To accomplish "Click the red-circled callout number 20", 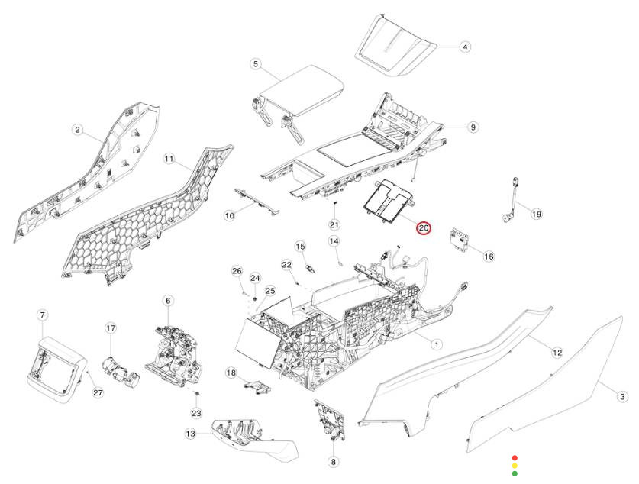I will [424, 227].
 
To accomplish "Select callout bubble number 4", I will [465, 47].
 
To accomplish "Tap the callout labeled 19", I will [536, 214].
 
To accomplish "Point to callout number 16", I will [489, 257].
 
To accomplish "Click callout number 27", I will [97, 392].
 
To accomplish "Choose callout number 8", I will [333, 461].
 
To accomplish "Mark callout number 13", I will [190, 434].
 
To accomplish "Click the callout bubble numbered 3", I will [622, 396].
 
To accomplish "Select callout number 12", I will [557, 352].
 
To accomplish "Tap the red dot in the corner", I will [515, 457].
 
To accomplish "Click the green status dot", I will [515, 473].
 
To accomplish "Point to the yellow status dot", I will [515, 465].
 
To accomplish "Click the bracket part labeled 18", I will [257, 384].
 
